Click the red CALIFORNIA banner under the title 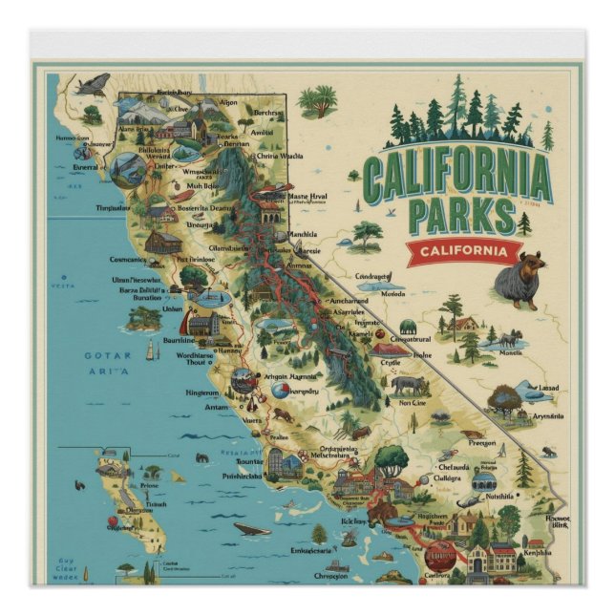tap(463, 251)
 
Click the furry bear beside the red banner tap(520, 282)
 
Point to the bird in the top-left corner tap(93, 85)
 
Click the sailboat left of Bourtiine tap(149, 350)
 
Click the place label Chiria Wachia tap(280, 156)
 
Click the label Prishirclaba tap(243, 475)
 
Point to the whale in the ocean tap(251, 529)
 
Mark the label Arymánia tap(547, 416)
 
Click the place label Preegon tap(481, 442)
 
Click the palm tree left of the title tap(317, 100)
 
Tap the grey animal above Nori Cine tap(409, 385)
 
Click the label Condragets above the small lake tap(374, 276)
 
